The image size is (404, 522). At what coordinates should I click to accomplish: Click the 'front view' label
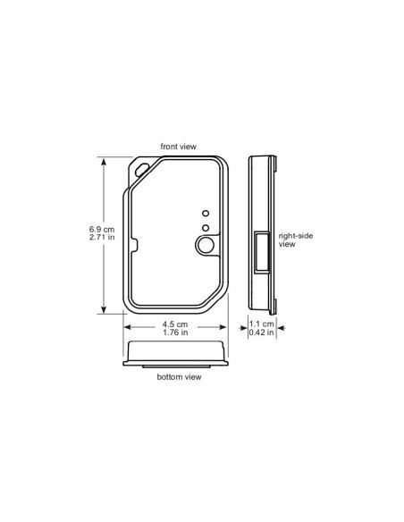(179, 147)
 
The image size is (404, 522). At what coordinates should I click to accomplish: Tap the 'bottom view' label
(179, 377)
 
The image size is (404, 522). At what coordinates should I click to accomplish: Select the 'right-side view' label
(296, 240)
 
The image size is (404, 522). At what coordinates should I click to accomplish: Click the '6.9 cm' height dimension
(102, 230)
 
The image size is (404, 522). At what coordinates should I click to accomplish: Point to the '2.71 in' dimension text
(102, 237)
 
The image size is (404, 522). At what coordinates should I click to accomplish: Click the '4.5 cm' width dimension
(175, 324)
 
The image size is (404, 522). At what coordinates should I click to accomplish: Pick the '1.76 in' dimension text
(175, 333)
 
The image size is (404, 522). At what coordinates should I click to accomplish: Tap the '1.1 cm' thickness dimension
(262, 324)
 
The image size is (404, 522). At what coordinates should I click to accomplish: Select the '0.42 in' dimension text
(262, 333)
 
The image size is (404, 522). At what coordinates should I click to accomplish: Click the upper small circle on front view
(206, 213)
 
